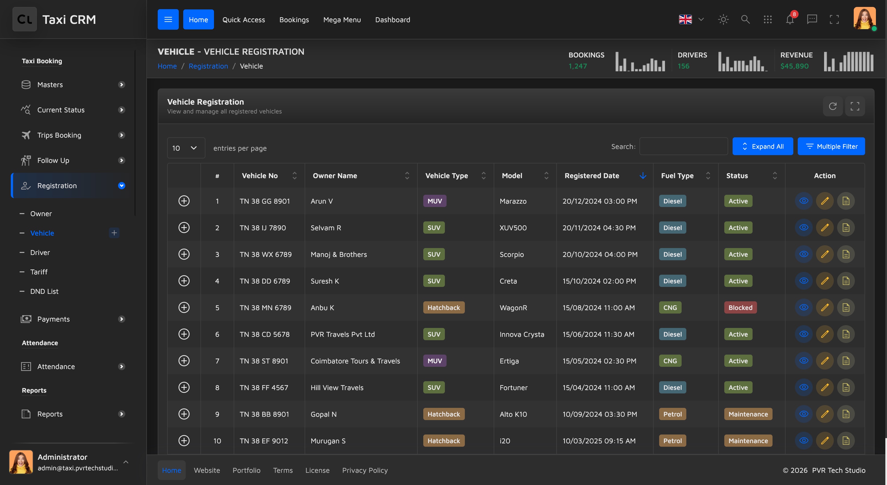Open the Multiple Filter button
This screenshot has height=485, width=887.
[x=831, y=146]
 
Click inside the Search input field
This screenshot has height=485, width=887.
[x=684, y=146]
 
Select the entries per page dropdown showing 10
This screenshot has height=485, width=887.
[x=186, y=148]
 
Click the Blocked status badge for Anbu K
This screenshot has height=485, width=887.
[x=740, y=307]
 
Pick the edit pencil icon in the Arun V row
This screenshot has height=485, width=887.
[x=825, y=201]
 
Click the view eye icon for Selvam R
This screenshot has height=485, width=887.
[x=804, y=228]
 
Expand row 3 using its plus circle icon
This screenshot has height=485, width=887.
[x=184, y=254]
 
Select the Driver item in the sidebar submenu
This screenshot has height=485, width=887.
[x=40, y=252]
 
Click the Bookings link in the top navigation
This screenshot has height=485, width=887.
[x=294, y=20]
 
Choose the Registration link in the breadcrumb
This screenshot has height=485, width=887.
[x=208, y=66]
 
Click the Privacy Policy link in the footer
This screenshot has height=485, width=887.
[x=365, y=470]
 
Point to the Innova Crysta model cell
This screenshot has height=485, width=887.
[x=522, y=334]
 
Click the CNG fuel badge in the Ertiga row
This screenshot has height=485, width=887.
[x=670, y=361]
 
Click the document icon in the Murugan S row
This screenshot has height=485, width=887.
[x=846, y=441]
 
